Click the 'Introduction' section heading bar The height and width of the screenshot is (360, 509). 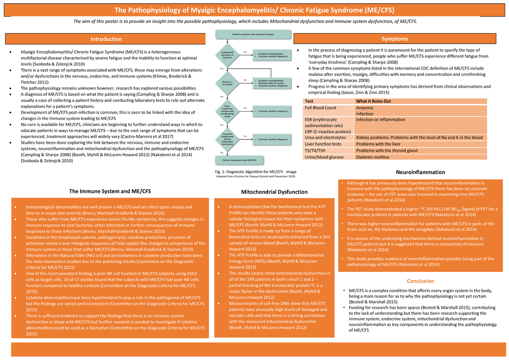pyautogui.click(x=106, y=39)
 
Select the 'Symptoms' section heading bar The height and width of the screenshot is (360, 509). pyautogui.click(x=394, y=39)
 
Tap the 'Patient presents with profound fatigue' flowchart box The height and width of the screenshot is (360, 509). pyautogui.click(x=253, y=33)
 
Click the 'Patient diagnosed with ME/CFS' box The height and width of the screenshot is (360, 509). pyautogui.click(x=240, y=160)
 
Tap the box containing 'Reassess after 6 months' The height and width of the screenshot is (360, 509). pyautogui.click(x=271, y=83)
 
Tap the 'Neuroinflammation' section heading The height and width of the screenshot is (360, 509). pyautogui.click(x=420, y=172)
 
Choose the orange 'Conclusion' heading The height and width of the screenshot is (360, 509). pyautogui.click(x=420, y=281)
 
